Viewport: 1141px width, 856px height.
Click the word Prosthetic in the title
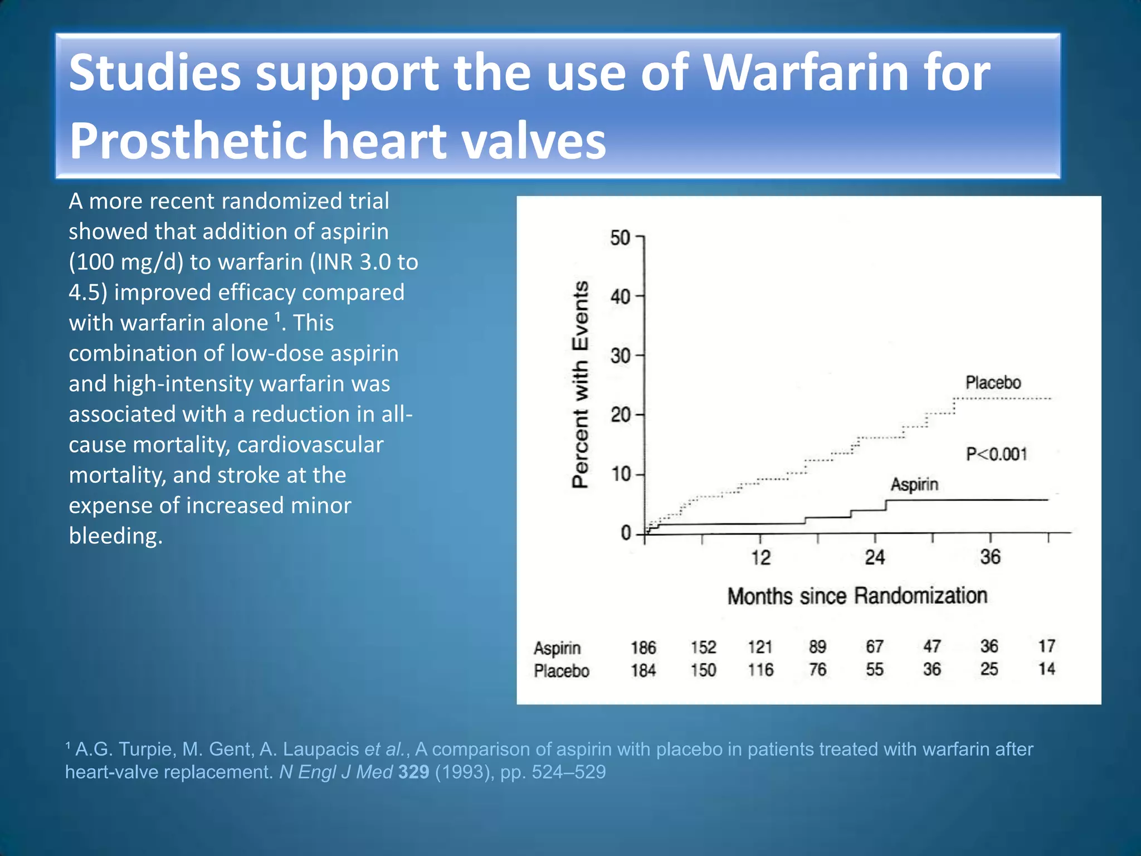[188, 140]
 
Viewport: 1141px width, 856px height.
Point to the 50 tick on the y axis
[620, 238]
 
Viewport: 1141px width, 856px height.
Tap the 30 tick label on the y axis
[620, 356]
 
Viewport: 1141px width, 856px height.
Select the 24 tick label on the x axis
[875, 557]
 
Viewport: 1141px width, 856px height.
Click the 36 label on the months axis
[990, 557]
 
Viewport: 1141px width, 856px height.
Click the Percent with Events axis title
[581, 385]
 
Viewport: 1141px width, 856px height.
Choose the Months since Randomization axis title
[857, 596]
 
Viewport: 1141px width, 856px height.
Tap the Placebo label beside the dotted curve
[993, 383]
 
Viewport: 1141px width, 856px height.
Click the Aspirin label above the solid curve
[914, 484]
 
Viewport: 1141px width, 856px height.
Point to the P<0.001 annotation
[996, 454]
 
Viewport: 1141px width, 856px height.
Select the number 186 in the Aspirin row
[643, 648]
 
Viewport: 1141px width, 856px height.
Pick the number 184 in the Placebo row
[643, 670]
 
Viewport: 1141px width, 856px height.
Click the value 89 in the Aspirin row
[817, 647]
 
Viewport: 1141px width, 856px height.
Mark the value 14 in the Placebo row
[1046, 669]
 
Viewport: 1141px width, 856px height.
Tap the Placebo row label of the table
[561, 670]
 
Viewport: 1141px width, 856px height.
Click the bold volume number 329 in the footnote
[413, 772]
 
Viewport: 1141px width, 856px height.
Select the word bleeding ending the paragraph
[115, 536]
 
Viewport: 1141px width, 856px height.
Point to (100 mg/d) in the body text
[126, 262]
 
